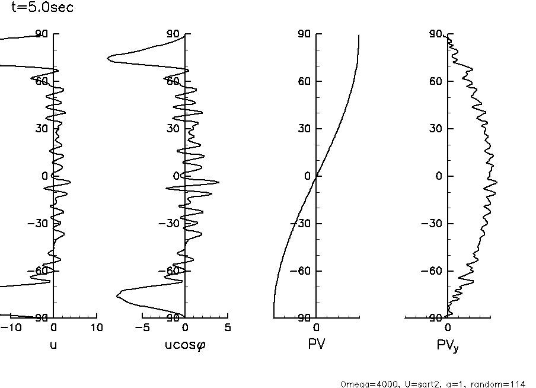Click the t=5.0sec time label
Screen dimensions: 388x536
43,8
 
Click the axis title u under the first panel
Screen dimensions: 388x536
53,345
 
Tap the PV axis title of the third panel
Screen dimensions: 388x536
317,345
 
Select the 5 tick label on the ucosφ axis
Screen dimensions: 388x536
228,327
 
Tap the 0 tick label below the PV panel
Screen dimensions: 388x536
317,327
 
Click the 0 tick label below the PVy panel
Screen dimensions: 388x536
448,327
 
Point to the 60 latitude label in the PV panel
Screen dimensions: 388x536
305,81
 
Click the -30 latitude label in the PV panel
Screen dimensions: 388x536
302,224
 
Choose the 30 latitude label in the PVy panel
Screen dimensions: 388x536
437,129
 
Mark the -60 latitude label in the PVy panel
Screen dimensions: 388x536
434,271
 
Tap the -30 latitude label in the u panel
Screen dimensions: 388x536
40,224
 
